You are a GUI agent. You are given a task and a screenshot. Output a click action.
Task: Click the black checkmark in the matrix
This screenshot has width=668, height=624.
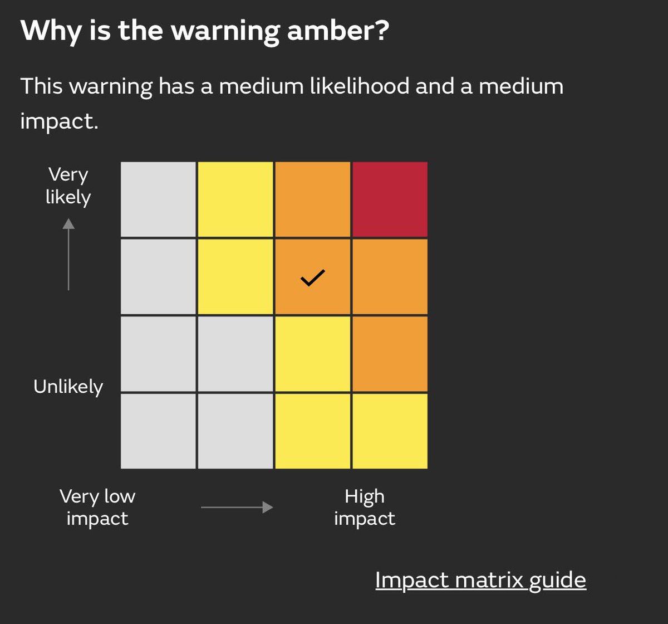coord(312,278)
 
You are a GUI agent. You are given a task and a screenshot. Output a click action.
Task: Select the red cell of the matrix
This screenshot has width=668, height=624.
coord(390,199)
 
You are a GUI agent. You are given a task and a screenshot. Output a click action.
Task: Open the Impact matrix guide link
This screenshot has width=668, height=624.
coord(480,580)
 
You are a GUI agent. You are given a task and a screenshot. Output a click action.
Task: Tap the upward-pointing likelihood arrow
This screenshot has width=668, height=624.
coord(68,254)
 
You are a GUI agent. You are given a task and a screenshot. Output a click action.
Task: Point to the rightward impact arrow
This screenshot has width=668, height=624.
coord(237,507)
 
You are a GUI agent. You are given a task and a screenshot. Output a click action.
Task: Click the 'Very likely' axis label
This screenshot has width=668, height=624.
coord(68,186)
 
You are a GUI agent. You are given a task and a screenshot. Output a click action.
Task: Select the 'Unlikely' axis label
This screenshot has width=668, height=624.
coord(68,387)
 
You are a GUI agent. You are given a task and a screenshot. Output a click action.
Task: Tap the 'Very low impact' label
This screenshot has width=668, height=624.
coord(97,507)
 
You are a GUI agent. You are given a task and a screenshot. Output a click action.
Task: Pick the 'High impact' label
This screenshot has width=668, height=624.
coord(365,507)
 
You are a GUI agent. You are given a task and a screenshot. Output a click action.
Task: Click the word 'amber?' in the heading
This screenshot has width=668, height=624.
coord(338,31)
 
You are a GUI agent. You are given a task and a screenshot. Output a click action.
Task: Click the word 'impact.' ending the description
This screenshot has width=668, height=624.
coord(59,122)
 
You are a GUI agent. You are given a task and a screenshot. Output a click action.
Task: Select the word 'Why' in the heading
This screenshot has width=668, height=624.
coord(51,32)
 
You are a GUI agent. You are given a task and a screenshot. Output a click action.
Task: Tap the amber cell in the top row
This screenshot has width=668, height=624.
coord(312,199)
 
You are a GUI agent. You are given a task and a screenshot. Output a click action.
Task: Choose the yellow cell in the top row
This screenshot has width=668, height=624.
coord(235,199)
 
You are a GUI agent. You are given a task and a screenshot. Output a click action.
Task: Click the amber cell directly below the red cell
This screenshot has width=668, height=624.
coord(390,276)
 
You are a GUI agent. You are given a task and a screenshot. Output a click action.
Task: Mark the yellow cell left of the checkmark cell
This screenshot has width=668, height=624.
coord(235,276)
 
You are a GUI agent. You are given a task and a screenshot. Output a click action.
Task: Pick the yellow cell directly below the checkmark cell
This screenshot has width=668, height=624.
coord(312,354)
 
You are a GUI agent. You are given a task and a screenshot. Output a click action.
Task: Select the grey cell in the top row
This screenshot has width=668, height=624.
coord(158,199)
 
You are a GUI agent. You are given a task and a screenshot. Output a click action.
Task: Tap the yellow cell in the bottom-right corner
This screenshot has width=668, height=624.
coord(390,431)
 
